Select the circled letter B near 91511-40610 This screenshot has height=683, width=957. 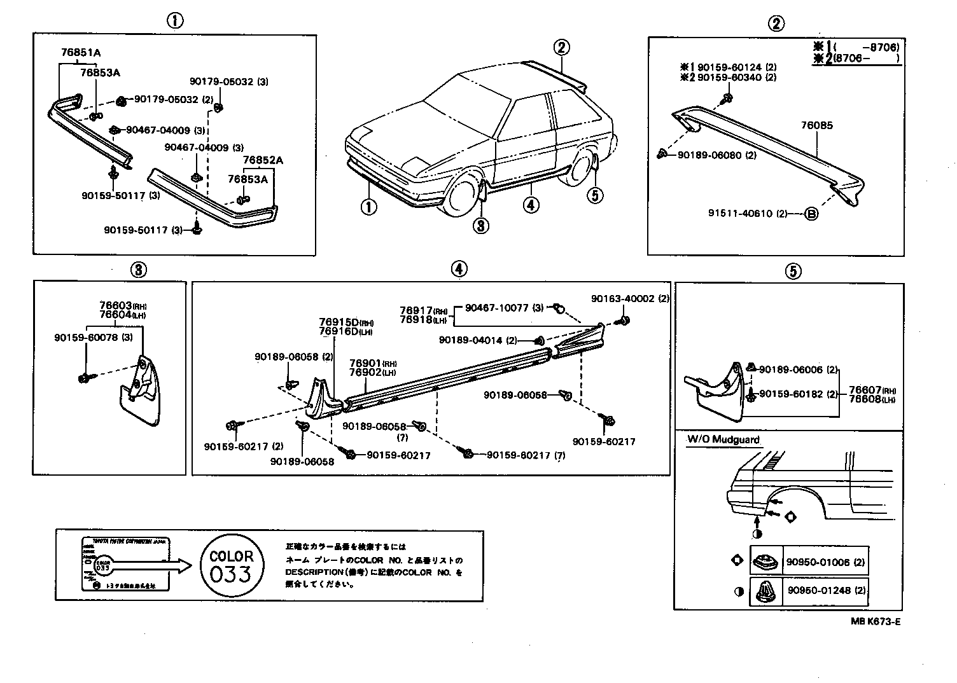(x=811, y=214)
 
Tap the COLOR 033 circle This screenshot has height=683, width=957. (x=231, y=565)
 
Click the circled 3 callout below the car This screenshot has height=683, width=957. (x=482, y=224)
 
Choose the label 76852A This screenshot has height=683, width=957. (x=263, y=160)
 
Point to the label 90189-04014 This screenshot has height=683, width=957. (x=470, y=340)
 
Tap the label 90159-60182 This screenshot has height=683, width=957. (x=790, y=394)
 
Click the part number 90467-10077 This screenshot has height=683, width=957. (x=496, y=308)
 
